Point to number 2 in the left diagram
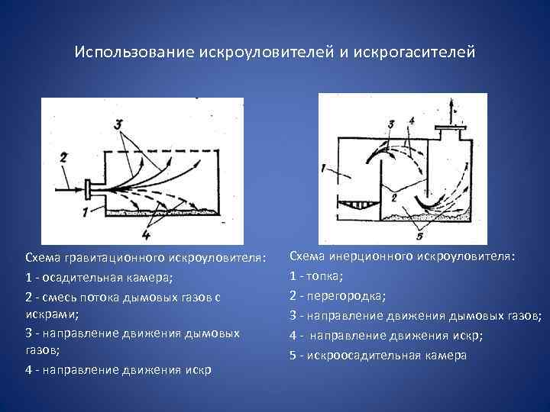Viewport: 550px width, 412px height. point(65,158)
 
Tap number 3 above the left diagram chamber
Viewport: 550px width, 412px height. point(118,124)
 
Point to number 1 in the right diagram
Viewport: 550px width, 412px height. point(324,167)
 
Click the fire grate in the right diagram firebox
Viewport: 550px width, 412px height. point(355,204)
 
